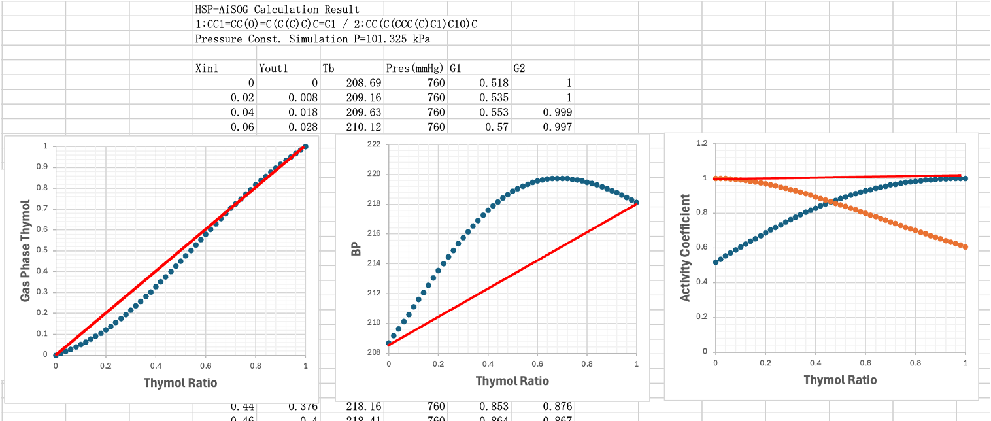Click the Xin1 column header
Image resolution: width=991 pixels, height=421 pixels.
point(207,68)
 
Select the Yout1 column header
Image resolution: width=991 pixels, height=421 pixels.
point(273,68)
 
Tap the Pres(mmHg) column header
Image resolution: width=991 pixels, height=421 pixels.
point(415,68)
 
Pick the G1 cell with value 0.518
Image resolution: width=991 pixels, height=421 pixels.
point(494,83)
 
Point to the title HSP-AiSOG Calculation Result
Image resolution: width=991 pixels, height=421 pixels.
point(277,10)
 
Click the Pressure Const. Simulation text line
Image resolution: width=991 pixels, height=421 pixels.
point(312,39)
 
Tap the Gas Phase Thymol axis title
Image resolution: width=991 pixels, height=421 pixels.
point(25,250)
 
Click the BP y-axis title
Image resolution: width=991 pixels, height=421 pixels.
point(356,249)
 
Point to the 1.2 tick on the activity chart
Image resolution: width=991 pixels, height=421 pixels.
point(701,143)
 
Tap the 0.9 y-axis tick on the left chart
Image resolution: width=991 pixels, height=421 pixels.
point(41,167)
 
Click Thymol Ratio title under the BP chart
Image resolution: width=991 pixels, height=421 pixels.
point(512,380)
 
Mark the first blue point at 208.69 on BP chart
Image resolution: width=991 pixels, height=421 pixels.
point(388,343)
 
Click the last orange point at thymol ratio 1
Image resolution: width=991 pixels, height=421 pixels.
point(965,247)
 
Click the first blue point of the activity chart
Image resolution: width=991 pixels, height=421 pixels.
point(715,262)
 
